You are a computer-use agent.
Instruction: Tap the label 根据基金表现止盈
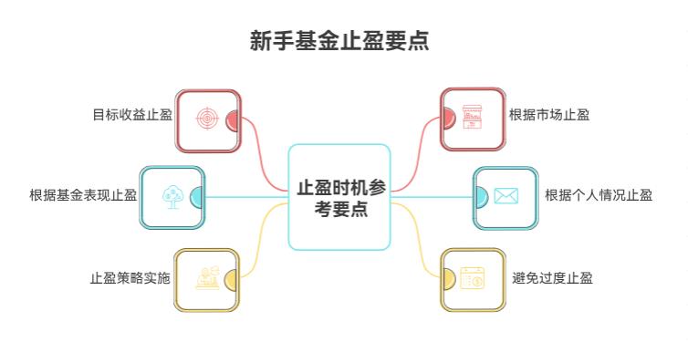point(83,195)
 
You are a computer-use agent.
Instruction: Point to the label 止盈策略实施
point(130,277)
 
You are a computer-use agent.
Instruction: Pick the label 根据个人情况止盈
point(598,195)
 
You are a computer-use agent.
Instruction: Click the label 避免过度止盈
point(552,277)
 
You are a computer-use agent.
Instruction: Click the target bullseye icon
point(208,119)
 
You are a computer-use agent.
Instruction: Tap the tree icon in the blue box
point(172,197)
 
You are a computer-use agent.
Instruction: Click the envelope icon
point(506,196)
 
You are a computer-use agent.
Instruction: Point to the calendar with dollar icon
point(472,278)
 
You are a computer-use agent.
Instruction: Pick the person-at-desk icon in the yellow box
point(207,278)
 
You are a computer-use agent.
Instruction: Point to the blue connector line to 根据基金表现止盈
point(246,197)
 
